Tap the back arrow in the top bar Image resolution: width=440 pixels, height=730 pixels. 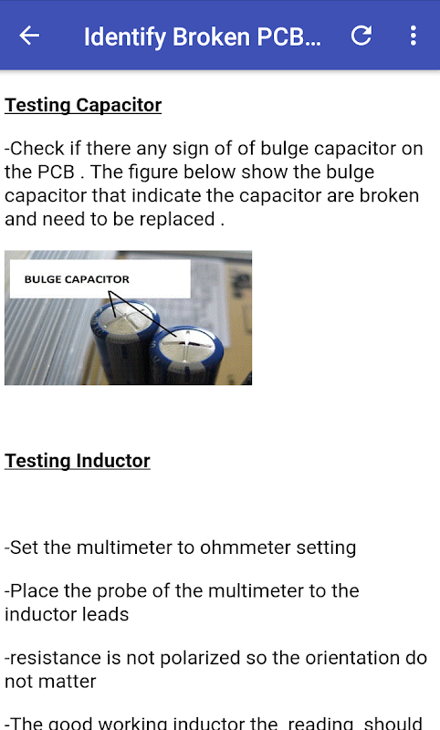pyautogui.click(x=29, y=36)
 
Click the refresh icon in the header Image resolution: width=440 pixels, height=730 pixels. pyautogui.click(x=361, y=36)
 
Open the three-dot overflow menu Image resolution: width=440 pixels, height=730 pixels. pyautogui.click(x=413, y=36)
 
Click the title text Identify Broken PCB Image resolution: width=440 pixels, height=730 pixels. pyautogui.click(x=202, y=36)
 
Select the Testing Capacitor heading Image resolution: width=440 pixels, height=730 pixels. pyautogui.click(x=83, y=105)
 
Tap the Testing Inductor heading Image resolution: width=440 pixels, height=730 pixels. pyautogui.click(x=78, y=461)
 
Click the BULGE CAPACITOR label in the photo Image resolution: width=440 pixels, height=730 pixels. pyautogui.click(x=77, y=279)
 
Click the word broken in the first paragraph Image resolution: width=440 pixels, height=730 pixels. pyautogui.click(x=389, y=195)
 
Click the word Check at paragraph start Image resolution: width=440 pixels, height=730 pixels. pyautogui.click(x=37, y=149)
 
